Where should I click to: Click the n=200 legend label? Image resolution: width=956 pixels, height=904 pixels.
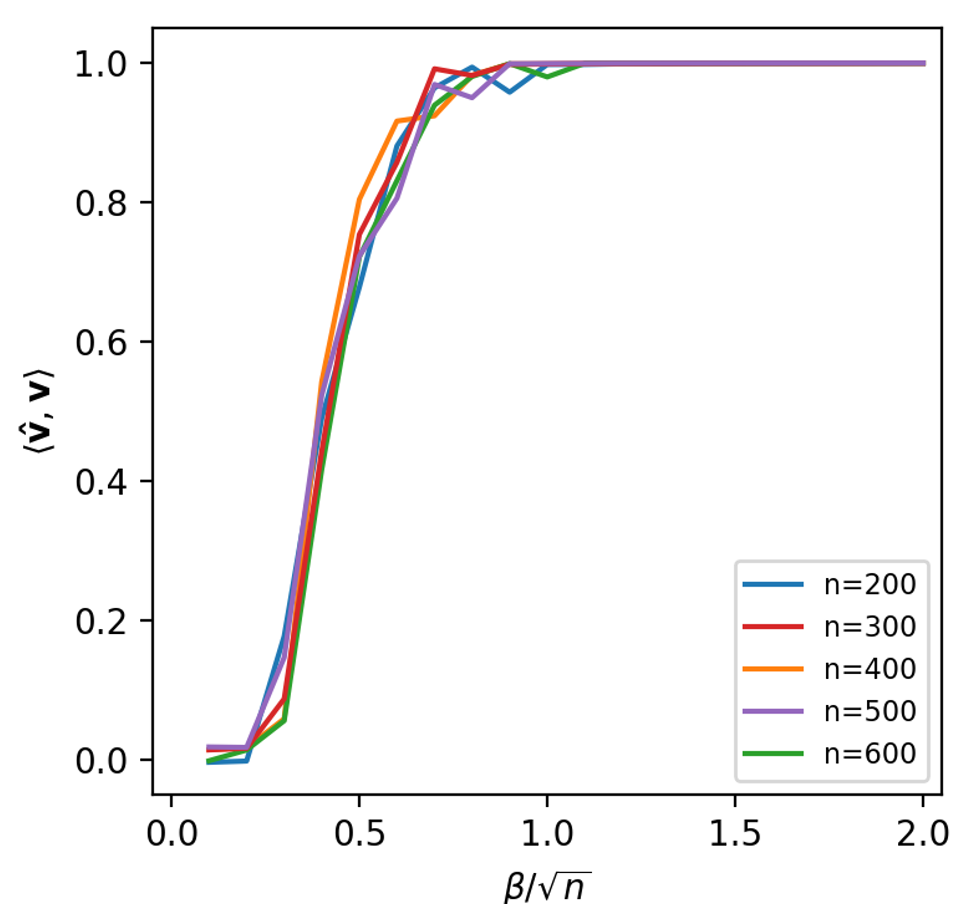pos(870,585)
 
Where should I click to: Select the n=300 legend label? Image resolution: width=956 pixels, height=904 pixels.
pos(870,627)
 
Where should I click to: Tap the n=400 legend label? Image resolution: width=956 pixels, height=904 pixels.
pos(870,669)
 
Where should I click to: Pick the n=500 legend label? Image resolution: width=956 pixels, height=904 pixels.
pos(870,711)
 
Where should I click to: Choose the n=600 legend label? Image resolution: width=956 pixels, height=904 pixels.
pos(870,753)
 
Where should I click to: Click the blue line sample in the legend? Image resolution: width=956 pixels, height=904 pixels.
pos(773,585)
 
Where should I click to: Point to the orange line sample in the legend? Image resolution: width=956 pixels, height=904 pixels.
pos(773,669)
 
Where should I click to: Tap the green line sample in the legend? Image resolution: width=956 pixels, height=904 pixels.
pos(773,753)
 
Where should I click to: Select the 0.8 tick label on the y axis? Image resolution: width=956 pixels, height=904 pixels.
pos(101,203)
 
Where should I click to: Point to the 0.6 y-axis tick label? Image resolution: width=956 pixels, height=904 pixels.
pos(101,342)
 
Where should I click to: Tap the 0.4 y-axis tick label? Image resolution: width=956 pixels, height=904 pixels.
pos(101,482)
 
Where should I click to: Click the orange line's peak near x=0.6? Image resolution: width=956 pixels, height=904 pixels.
pos(397,121)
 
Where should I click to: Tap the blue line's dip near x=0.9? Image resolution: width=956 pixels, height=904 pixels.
pos(509,91)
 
